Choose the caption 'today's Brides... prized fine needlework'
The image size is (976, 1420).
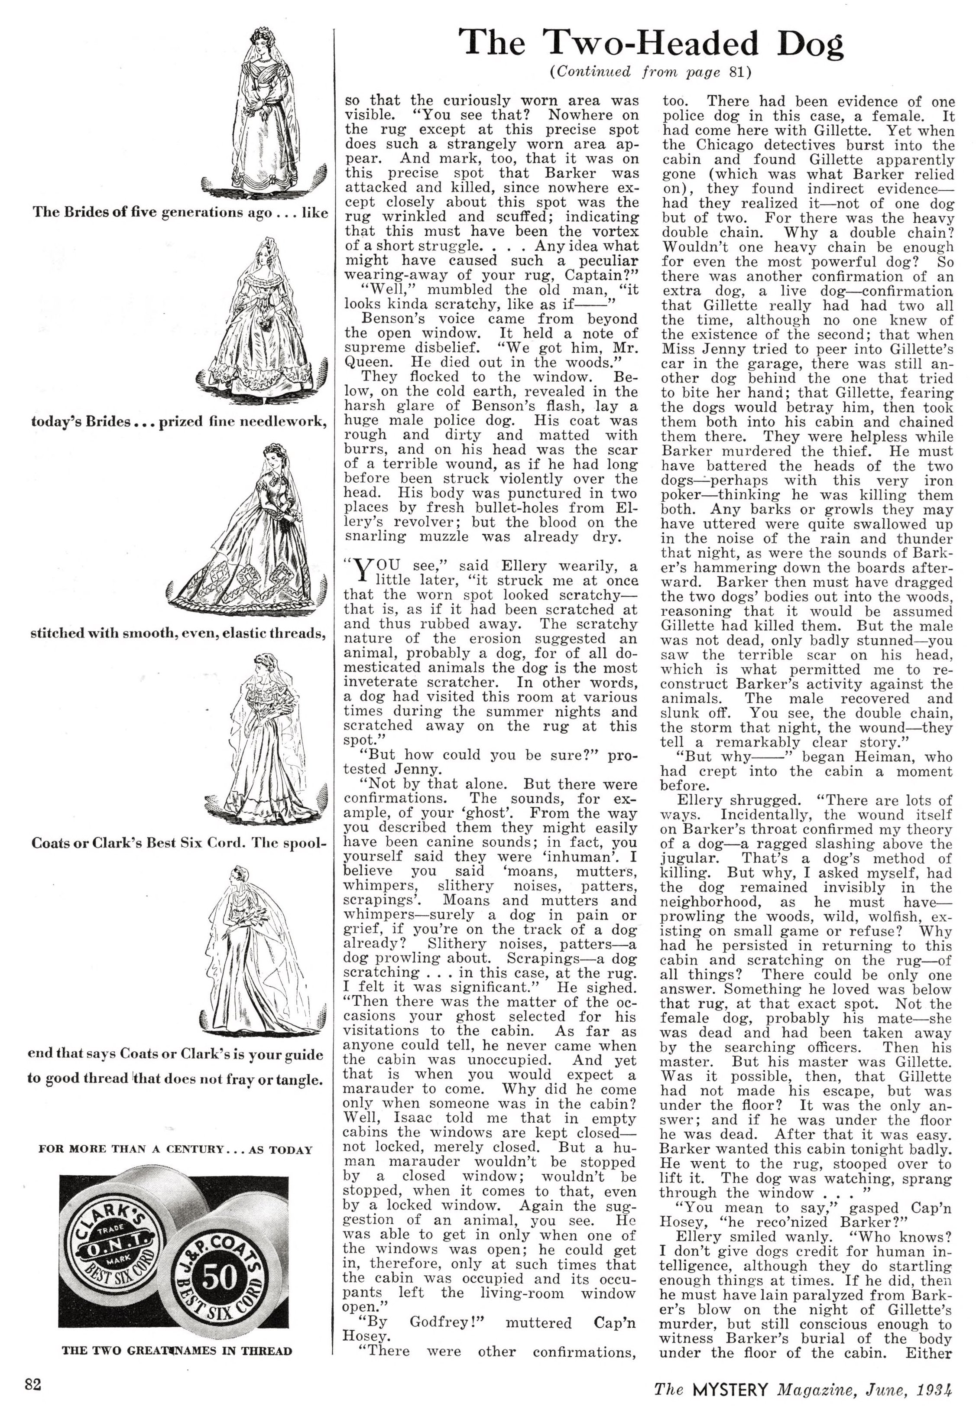click(x=177, y=422)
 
